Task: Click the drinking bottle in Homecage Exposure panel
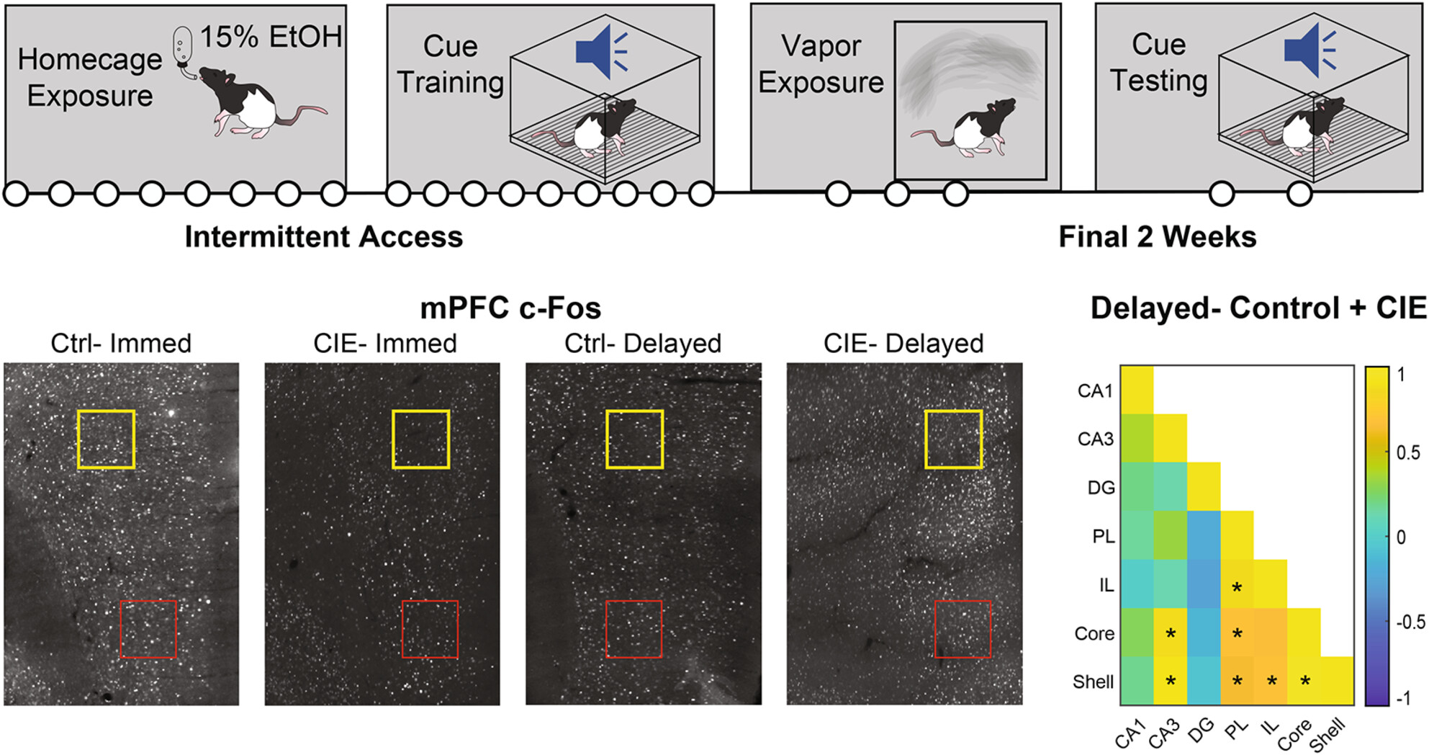click(183, 48)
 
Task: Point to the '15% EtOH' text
click(271, 37)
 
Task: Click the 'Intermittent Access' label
click(323, 237)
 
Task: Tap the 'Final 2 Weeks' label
click(1157, 237)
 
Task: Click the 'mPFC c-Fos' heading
click(510, 308)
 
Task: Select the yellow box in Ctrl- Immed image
click(106, 439)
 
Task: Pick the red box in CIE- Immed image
click(430, 629)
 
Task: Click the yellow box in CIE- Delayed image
click(953, 439)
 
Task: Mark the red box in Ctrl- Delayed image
click(634, 629)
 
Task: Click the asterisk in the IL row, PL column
click(1237, 588)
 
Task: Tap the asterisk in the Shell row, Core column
click(1304, 681)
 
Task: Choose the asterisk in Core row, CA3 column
click(1171, 634)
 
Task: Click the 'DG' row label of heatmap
click(1101, 488)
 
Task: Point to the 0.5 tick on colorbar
click(1407, 452)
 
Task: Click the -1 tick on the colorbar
click(1405, 697)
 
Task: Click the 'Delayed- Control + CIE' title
click(1258, 308)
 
